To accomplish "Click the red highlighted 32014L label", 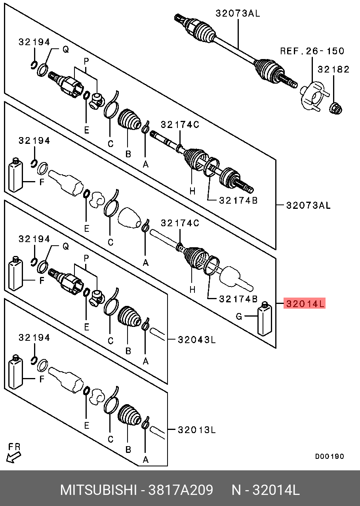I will [x=305, y=304].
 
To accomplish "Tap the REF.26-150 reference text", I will [x=312, y=51].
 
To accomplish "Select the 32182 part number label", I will [x=333, y=70].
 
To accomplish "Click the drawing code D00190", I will [x=330, y=456].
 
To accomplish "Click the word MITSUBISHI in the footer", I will [x=98, y=491].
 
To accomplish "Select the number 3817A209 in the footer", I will [x=181, y=491].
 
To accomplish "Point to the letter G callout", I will [x=238, y=316].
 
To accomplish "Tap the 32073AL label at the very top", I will [x=238, y=13].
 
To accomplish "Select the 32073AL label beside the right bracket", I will [x=308, y=205].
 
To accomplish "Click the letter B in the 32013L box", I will [x=128, y=450].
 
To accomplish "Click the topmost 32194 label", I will [x=34, y=42].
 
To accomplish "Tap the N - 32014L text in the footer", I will [x=265, y=491].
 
